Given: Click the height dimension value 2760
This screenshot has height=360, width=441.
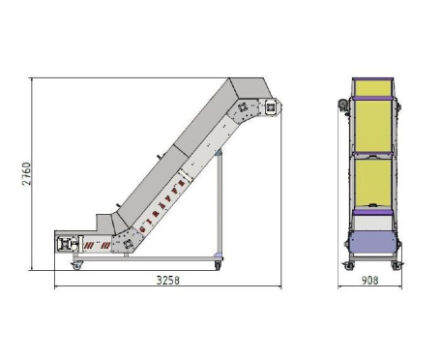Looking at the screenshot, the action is coord(27,173).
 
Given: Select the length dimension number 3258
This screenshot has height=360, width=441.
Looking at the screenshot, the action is coord(168,280).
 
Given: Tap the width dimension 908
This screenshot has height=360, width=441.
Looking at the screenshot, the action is coord(369,280).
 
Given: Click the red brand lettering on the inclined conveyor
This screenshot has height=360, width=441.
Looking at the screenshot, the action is coord(162,206).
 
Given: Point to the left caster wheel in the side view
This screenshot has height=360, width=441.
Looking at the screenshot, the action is coord(77,266).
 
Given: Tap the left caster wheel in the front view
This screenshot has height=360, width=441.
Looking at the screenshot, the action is coord(349,266).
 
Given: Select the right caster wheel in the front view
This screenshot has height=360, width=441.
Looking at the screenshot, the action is coord(397,266).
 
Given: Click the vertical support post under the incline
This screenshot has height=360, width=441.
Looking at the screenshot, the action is coord(220,203).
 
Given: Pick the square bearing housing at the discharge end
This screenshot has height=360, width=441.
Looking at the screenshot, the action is coord(270,106).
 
